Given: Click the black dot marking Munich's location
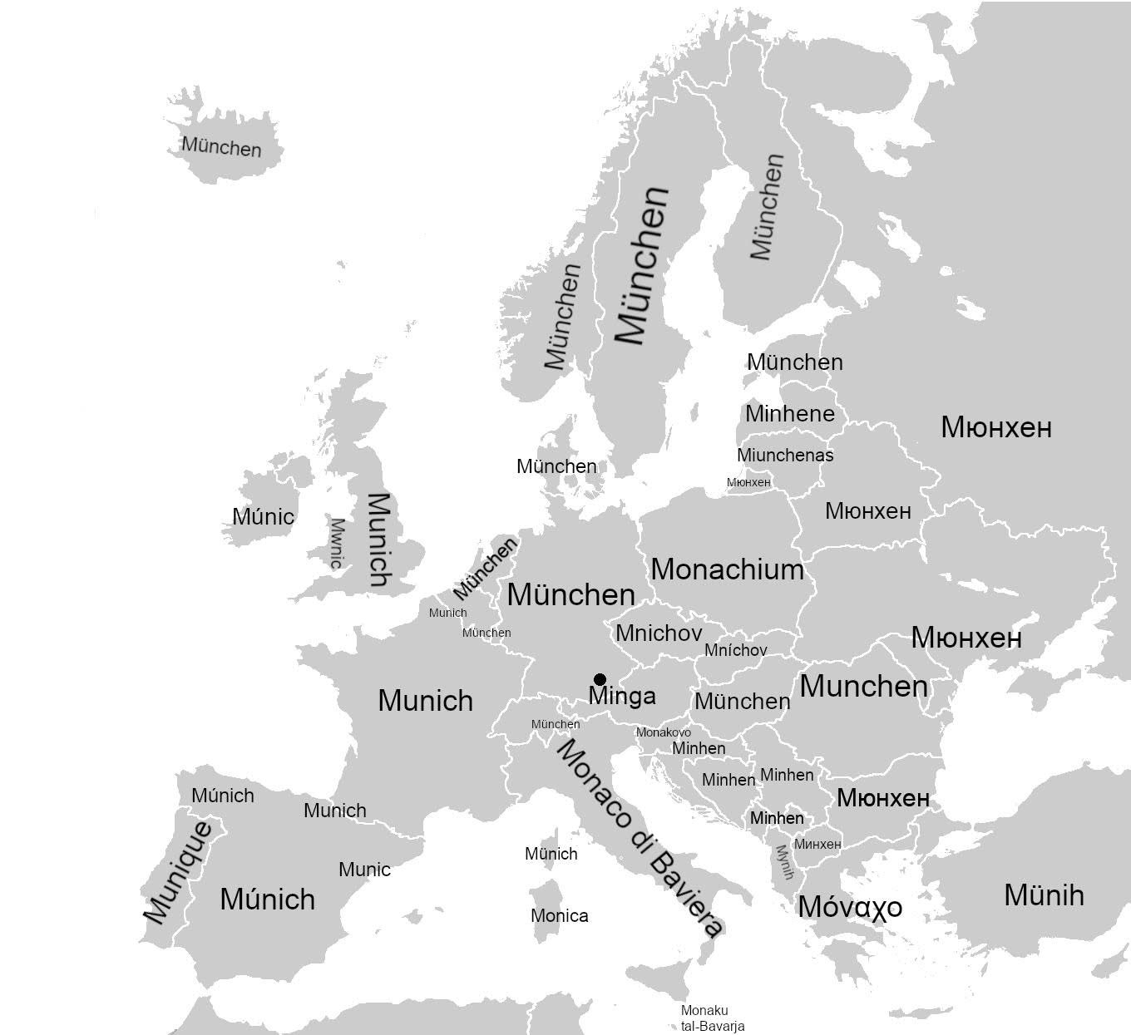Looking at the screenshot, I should [x=600, y=679].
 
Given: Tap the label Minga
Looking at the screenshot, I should [x=622, y=697].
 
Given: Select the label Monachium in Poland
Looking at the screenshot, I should [x=727, y=569].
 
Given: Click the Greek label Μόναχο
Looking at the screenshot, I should [x=849, y=906].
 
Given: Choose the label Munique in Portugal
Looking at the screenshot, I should [x=177, y=872].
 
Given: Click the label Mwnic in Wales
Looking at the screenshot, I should [x=336, y=543].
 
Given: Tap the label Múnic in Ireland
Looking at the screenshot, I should [x=263, y=517].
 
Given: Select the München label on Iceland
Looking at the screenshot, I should [x=221, y=147].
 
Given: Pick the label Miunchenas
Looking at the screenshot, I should [x=784, y=456].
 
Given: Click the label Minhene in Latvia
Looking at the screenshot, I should [x=789, y=413].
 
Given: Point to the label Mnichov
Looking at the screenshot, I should [x=658, y=633].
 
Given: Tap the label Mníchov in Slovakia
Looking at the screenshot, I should [x=735, y=650].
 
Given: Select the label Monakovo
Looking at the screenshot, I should [x=663, y=732].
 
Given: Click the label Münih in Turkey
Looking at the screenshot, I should [x=1044, y=895].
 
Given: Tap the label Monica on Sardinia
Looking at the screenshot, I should [x=559, y=916].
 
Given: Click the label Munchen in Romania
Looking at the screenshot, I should [x=863, y=687].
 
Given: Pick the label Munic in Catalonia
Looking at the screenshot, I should [x=364, y=870].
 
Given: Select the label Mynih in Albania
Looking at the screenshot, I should [x=784, y=862].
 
